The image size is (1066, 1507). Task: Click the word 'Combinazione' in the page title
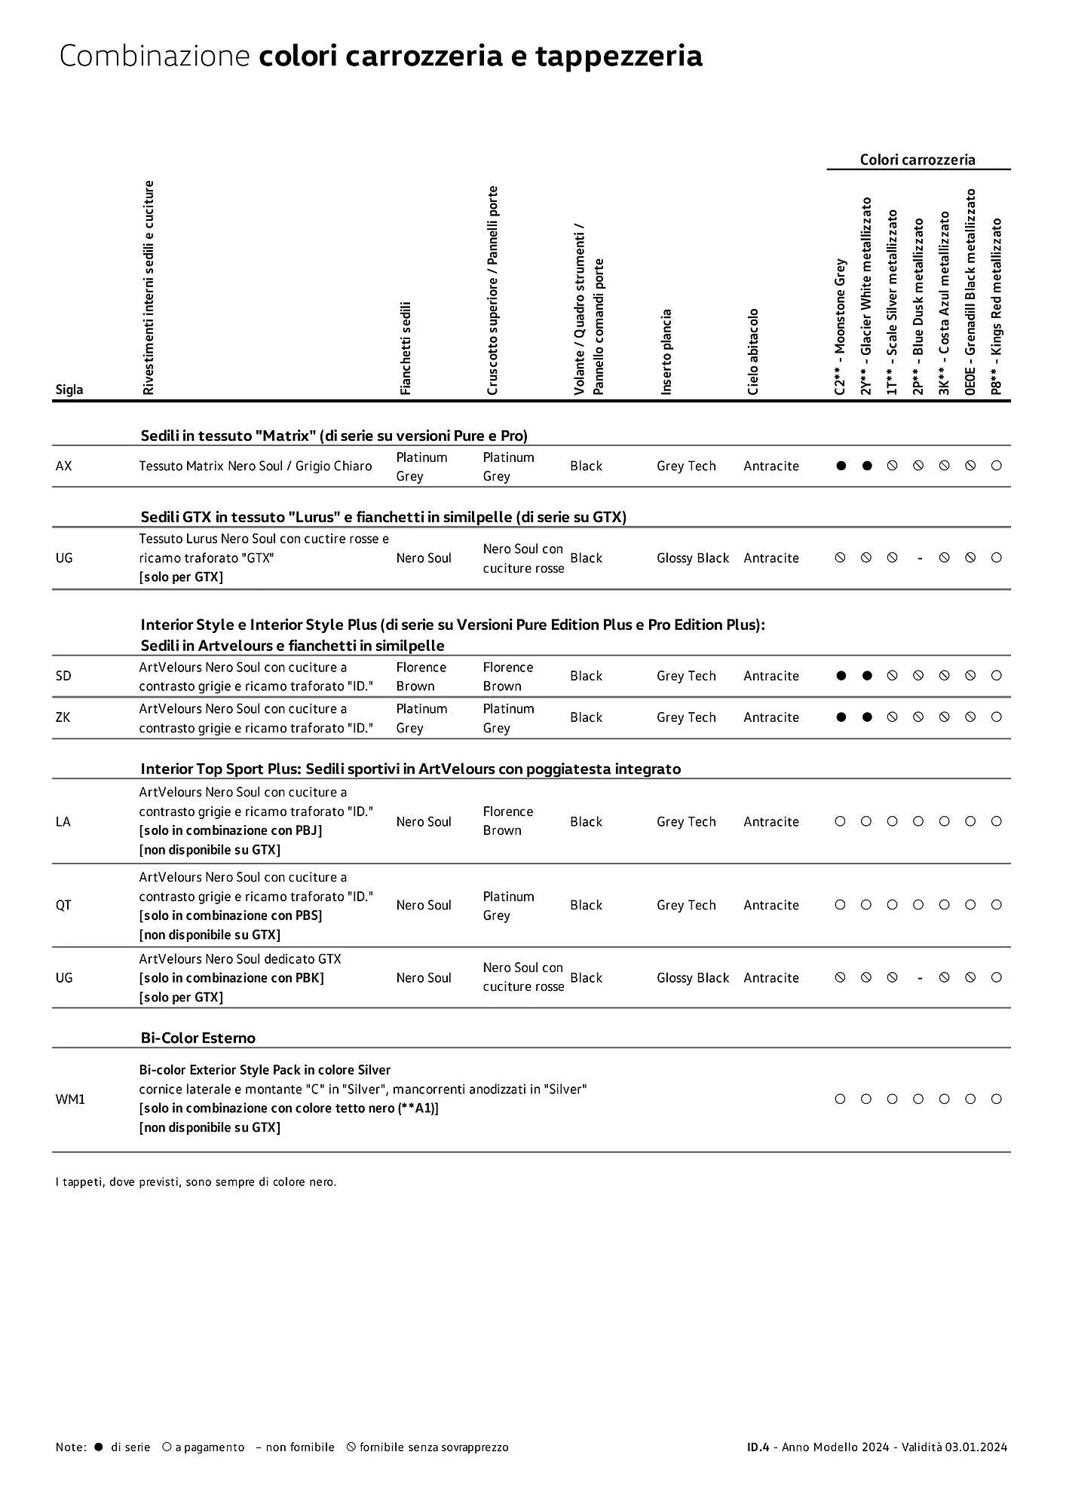click(x=154, y=57)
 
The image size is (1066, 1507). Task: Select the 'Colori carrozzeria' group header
click(x=917, y=160)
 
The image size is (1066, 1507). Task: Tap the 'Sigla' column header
click(x=69, y=390)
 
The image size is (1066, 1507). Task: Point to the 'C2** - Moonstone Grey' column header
click(x=841, y=327)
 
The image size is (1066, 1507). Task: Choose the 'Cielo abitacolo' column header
click(x=753, y=352)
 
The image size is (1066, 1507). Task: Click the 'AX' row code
click(x=64, y=466)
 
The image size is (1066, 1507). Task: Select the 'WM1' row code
click(x=70, y=1099)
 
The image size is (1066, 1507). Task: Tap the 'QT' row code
click(x=63, y=905)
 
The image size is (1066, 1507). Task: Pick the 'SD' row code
click(x=63, y=676)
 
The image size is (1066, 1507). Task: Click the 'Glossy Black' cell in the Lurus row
click(x=693, y=558)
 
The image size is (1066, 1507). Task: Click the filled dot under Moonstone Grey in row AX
click(x=841, y=466)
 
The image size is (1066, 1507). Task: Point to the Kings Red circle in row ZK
click(x=996, y=717)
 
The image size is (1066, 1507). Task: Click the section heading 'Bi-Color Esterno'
click(x=198, y=1038)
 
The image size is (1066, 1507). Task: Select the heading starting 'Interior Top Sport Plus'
click(x=410, y=769)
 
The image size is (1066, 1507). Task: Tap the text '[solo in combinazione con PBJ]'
click(x=231, y=830)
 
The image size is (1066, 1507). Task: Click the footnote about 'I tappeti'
click(x=196, y=1181)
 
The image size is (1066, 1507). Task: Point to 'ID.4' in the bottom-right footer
click(x=758, y=1447)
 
